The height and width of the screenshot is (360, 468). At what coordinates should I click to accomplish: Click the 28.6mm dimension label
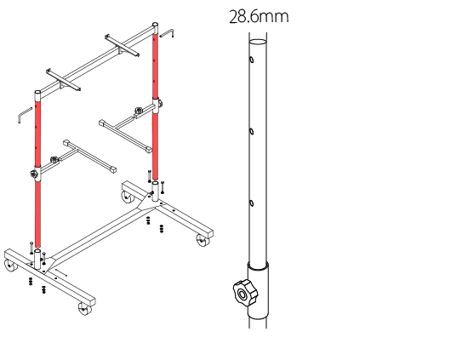(x=259, y=17)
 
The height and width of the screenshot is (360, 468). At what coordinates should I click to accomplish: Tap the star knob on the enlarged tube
(x=244, y=293)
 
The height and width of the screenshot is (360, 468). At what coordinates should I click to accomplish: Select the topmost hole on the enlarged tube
(x=251, y=60)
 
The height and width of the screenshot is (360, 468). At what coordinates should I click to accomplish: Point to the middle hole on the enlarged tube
(x=251, y=132)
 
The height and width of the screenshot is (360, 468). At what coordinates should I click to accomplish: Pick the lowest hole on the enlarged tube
(x=251, y=203)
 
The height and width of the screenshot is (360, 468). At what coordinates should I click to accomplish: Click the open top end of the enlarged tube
(x=258, y=42)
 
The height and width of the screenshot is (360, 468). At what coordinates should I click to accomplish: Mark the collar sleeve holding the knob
(x=258, y=290)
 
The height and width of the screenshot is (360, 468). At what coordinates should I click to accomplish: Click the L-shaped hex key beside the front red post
(x=24, y=115)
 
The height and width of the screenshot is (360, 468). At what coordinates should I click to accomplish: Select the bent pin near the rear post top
(x=167, y=33)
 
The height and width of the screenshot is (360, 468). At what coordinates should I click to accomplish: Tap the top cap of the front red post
(x=37, y=96)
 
